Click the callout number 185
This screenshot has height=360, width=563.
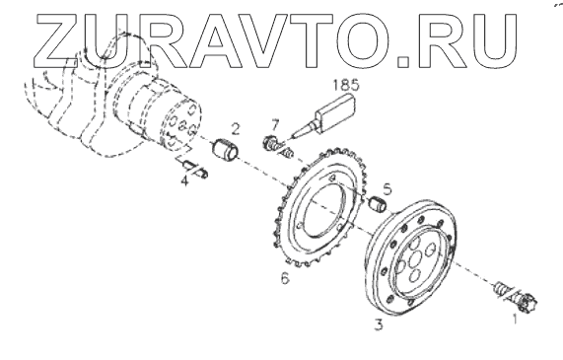(x=346, y=85)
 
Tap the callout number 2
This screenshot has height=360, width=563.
(x=236, y=129)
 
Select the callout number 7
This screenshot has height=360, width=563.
(x=275, y=125)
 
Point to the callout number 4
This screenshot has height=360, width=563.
(x=184, y=180)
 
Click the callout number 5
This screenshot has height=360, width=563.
(x=387, y=189)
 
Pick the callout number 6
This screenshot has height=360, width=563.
(x=285, y=278)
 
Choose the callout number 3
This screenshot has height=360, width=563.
(x=379, y=324)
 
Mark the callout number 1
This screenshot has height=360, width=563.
(x=515, y=319)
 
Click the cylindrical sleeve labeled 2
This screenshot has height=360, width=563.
(x=226, y=149)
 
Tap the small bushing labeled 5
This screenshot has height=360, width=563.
(x=378, y=204)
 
